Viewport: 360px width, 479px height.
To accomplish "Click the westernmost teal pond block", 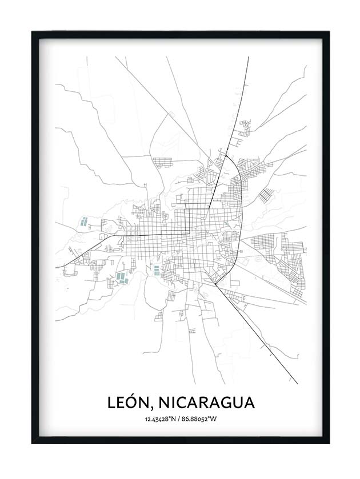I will click(85, 223).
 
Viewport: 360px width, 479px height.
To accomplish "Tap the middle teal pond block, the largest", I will click(122, 277).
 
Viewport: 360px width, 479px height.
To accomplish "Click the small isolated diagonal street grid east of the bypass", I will click(265, 196).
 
